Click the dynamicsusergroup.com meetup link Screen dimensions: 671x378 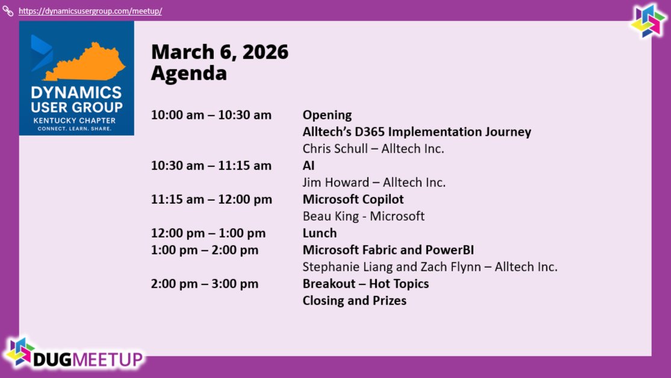pos(90,11)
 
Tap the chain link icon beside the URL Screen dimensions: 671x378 pos(8,11)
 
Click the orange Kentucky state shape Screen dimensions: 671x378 pos(84,63)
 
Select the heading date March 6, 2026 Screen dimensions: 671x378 pos(219,52)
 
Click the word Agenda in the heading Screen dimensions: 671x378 pos(189,73)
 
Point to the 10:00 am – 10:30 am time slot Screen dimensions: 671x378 pos(211,115)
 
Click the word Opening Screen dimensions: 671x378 pos(327,115)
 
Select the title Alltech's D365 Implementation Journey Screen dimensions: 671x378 pos(417,132)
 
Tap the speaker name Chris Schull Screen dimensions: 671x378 pos(335,148)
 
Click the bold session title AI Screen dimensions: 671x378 pos(308,166)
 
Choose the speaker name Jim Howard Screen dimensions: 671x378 pos(336,182)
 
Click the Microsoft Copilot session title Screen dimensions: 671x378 pos(353,200)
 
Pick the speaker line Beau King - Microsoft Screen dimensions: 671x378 pos(363,216)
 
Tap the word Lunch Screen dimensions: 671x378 pos(320,233)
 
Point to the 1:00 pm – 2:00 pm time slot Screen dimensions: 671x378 pos(205,250)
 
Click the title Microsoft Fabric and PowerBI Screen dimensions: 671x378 pos(388,250)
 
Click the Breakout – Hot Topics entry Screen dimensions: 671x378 pos(366,284)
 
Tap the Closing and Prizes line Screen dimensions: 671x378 pos(354,300)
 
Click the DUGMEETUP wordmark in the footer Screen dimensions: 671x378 pos(88,359)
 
